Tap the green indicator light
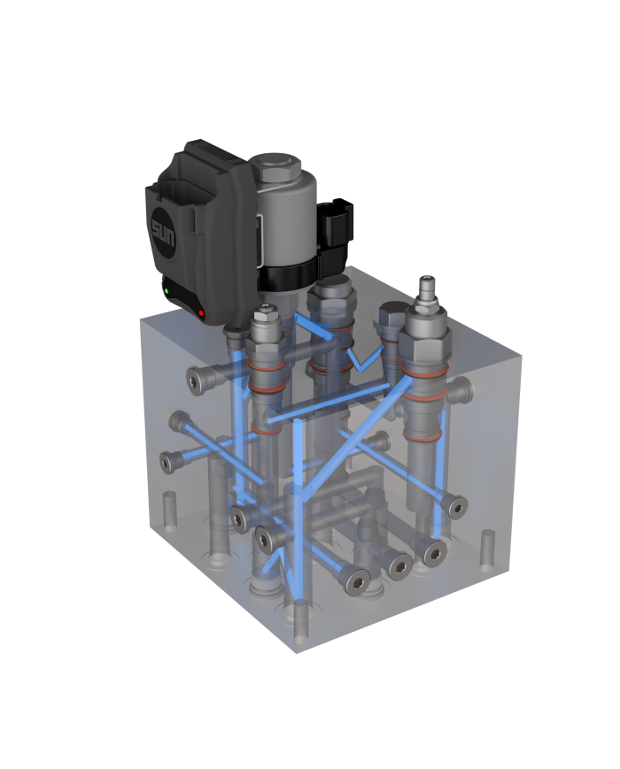click(x=166, y=289)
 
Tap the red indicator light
click(x=202, y=313)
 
